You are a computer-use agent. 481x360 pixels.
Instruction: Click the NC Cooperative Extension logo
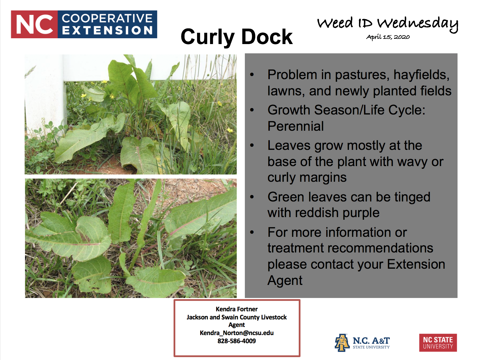coord(84,24)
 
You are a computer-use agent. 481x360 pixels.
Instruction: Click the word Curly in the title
coord(207,37)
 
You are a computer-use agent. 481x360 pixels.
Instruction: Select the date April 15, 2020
coord(388,37)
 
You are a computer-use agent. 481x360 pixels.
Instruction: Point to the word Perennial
coord(296,126)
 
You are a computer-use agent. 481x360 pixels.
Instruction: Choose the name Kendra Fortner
coord(236,309)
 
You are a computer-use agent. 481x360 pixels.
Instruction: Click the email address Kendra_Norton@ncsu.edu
coord(236,333)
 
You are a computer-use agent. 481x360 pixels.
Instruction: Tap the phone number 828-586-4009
coord(236,341)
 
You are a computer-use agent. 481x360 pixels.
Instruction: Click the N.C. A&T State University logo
coord(362,343)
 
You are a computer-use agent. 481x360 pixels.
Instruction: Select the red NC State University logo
coord(438,343)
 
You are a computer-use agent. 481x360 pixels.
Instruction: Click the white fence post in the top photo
coord(43,96)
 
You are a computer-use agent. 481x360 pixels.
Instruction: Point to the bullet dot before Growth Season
coord(252,110)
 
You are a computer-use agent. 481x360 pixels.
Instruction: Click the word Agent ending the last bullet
coord(285,280)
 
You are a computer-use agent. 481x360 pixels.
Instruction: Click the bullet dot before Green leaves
coord(252,197)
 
